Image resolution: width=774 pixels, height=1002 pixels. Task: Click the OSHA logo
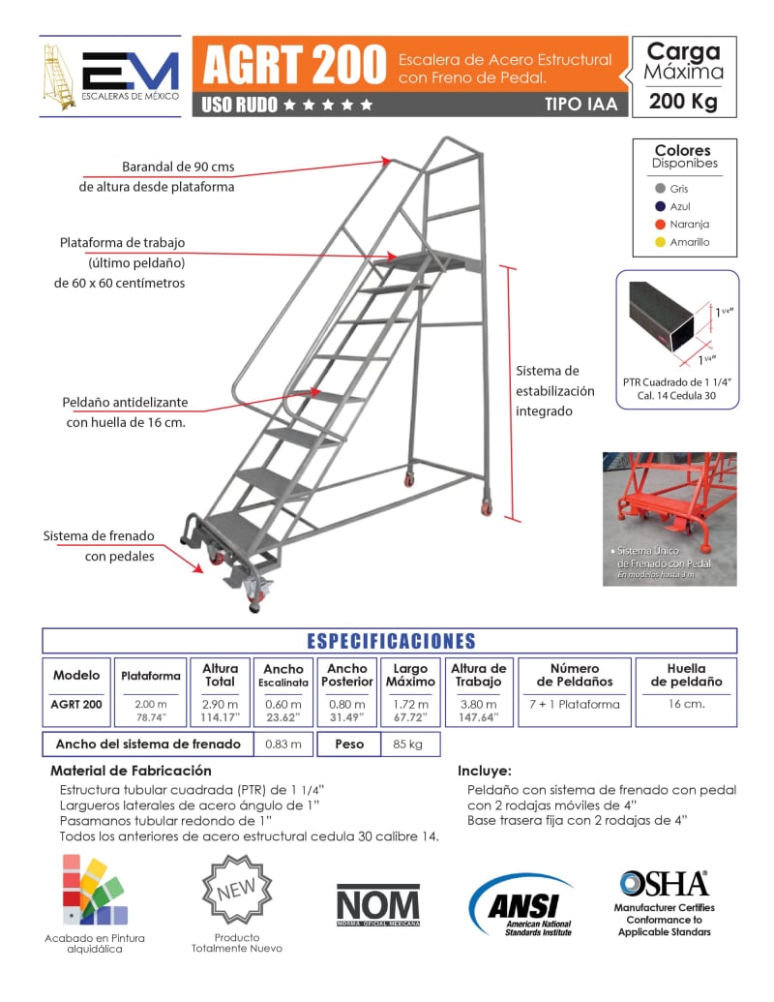664,884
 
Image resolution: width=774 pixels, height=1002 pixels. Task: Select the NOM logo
378,905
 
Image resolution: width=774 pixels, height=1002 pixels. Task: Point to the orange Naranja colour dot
660,225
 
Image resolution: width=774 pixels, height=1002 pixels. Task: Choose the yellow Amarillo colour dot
660,242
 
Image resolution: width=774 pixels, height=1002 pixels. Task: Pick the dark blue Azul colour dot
660,206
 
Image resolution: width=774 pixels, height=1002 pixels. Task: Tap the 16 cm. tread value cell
686,704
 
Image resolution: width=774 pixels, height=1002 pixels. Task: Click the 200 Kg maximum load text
683,102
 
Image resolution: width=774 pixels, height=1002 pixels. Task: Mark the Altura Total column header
220,675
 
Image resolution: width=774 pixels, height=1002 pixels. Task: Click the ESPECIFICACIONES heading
391,641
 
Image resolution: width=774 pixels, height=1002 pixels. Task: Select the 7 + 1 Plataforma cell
575,704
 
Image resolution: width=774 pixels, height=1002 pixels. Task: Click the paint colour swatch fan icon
94,891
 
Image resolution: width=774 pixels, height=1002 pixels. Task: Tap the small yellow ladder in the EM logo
59,76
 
